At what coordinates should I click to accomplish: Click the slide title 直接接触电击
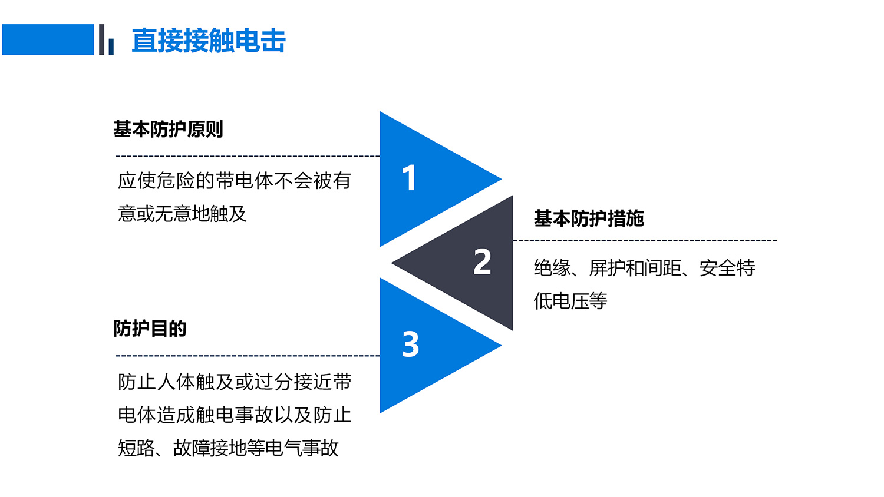[x=209, y=40]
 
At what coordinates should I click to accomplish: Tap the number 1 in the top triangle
[x=409, y=178]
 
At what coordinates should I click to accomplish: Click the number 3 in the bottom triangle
[x=410, y=344]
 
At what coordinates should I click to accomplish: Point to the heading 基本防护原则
[x=168, y=129]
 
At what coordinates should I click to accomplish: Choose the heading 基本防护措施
[x=589, y=218]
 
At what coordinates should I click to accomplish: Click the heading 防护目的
[x=150, y=328]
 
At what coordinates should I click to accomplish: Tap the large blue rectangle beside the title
[x=48, y=39]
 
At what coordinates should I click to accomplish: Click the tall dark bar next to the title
[x=101, y=39]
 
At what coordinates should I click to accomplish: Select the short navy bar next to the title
[x=111, y=47]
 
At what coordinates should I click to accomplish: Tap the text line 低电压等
[x=570, y=301]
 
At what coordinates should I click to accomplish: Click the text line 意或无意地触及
[x=182, y=214]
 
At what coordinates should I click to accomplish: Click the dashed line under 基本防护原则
[x=248, y=157]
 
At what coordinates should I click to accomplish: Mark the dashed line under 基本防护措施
[x=645, y=240]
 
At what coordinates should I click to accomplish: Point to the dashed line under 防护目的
[x=248, y=356]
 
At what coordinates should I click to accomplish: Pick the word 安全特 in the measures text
[x=727, y=268]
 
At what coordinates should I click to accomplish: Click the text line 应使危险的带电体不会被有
[x=235, y=181]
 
